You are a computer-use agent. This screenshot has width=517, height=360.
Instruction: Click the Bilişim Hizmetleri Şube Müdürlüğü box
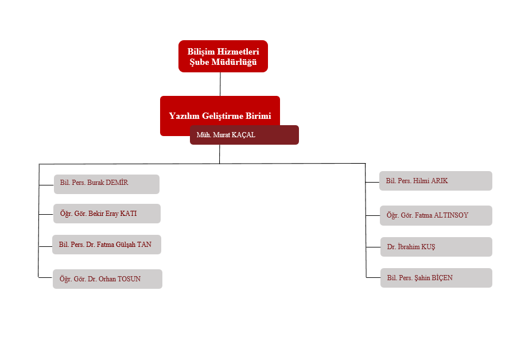(223, 56)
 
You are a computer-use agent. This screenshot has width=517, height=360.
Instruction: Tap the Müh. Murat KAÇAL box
(244, 135)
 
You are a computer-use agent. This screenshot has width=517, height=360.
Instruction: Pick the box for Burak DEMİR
(106, 184)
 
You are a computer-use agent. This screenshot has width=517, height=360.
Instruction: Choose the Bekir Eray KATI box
(107, 214)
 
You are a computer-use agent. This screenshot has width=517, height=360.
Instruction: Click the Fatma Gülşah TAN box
(106, 245)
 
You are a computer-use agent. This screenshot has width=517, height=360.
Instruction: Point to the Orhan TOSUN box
(107, 279)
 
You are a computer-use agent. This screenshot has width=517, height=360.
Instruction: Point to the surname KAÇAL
(243, 135)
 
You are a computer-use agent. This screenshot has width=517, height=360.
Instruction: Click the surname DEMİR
(117, 183)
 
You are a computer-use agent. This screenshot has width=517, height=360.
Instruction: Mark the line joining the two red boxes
(220, 84)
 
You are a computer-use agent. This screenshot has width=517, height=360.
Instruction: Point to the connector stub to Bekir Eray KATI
(46, 214)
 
